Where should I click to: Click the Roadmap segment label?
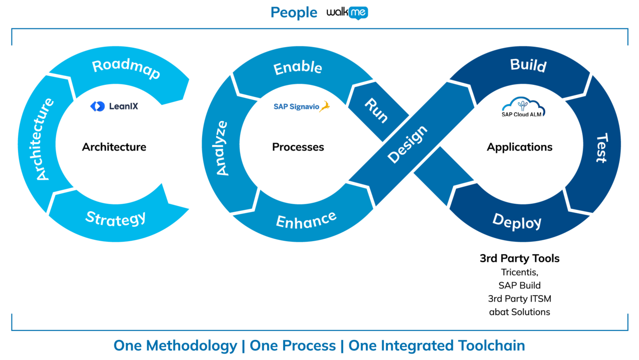pos(126,69)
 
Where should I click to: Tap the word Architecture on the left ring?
pos(38,139)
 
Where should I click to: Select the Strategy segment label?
pos(116,218)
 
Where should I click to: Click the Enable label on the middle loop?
pos(298,67)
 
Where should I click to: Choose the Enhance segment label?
pos(306,220)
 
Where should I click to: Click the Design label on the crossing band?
pos(408,144)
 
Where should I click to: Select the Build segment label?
pos(528,65)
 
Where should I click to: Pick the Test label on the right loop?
pos(602,148)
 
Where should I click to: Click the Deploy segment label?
pos(517,221)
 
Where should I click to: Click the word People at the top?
pos(294,12)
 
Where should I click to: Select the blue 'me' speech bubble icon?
pos(358,13)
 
